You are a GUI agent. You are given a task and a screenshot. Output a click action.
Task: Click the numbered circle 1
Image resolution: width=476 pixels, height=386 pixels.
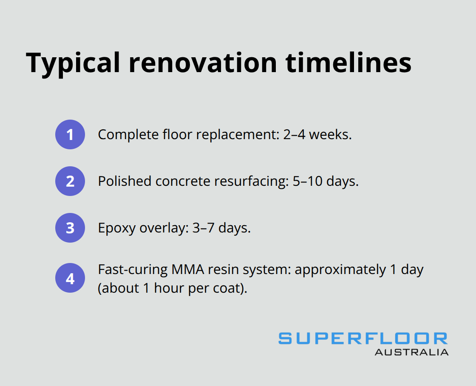70,134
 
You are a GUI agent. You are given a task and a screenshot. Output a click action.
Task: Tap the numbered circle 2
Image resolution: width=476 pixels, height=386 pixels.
70,181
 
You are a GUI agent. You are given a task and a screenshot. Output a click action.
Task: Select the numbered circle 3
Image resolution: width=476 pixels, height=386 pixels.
70,228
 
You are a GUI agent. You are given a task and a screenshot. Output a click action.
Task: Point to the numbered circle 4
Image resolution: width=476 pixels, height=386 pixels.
70,279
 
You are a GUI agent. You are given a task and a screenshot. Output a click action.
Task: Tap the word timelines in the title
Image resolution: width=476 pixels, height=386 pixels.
348,63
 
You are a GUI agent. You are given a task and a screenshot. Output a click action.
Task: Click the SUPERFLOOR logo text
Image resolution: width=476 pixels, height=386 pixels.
363,339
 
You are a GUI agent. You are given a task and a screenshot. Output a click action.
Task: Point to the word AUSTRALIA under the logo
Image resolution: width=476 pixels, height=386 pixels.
411,352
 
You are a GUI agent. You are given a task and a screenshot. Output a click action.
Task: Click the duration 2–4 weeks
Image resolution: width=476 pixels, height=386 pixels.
317,135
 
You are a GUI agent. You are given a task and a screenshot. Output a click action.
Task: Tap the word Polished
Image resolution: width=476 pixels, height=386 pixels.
125,182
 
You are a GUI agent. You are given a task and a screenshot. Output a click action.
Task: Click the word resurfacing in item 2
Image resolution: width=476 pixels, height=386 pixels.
249,182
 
